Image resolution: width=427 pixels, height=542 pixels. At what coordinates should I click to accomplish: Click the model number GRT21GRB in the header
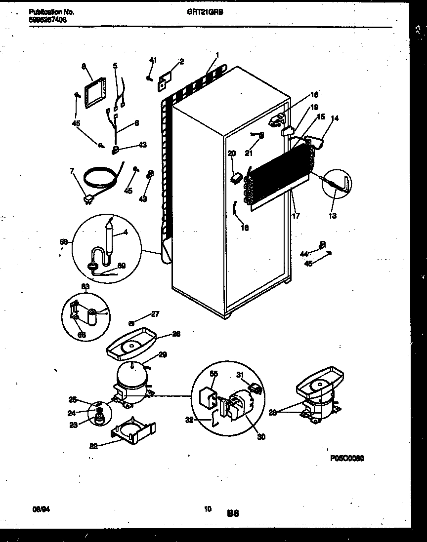pos(213,14)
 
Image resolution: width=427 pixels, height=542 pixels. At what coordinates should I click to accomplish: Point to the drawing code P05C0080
pos(347,458)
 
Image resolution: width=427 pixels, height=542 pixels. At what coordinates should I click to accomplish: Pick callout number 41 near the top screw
pos(152,60)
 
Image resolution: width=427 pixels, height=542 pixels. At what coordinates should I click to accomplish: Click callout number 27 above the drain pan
pos(155,314)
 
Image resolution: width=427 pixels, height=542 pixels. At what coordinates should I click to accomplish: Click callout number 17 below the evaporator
pos(296,215)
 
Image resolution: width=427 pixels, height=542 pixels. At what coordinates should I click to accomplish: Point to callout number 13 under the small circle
pos(332,215)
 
